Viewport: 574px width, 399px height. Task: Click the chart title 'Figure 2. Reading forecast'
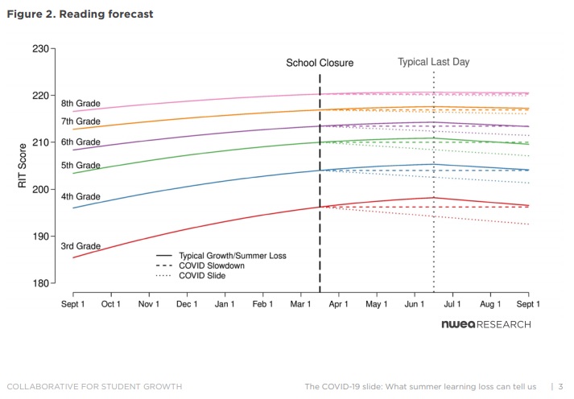(x=80, y=14)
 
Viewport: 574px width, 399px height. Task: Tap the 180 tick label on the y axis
(x=40, y=283)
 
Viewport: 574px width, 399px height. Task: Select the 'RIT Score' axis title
(x=23, y=166)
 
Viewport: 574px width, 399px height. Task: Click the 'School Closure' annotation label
(x=320, y=63)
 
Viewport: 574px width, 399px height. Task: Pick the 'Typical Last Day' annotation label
(x=433, y=62)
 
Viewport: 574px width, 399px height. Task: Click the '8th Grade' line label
(x=81, y=104)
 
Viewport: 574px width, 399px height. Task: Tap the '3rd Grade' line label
(x=81, y=246)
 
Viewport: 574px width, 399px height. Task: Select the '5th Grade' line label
(x=81, y=165)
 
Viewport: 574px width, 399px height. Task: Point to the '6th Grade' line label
(x=81, y=142)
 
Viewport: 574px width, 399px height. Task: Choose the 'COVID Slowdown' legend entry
(x=200, y=265)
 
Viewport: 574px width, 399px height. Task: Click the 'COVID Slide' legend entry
(x=191, y=275)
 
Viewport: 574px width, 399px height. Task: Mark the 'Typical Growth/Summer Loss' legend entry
(x=221, y=256)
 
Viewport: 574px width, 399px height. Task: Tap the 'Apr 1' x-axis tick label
(x=338, y=304)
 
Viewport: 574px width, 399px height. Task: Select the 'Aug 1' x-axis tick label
(x=490, y=304)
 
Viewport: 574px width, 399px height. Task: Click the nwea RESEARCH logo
(x=486, y=324)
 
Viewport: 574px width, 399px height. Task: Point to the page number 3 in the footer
(x=560, y=387)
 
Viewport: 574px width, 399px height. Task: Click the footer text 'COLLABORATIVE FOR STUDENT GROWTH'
(x=94, y=387)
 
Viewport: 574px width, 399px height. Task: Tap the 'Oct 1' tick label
(x=110, y=304)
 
